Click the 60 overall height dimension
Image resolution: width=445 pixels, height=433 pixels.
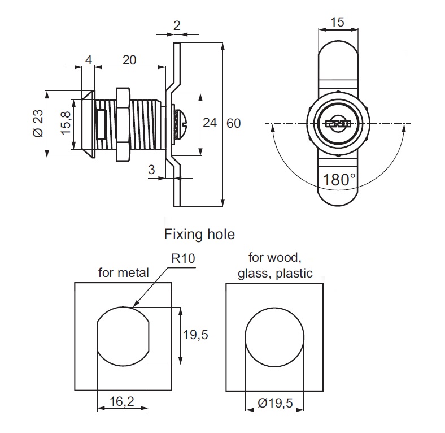tap(234, 123)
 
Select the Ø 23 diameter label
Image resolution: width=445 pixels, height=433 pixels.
tap(37, 124)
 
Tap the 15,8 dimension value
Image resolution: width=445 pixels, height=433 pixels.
tap(65, 123)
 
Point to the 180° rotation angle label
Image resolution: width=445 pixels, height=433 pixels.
tap(340, 180)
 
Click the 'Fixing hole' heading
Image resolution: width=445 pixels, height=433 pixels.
tap(199, 233)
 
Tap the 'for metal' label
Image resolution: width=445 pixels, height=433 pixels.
tap(124, 272)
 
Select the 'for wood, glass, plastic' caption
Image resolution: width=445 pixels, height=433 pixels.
tap(275, 266)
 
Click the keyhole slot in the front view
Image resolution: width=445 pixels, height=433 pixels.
tap(338, 123)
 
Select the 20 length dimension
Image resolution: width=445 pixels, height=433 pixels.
tap(129, 60)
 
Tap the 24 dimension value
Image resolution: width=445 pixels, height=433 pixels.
tap(210, 123)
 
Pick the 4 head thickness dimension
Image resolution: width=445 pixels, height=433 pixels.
tap(88, 60)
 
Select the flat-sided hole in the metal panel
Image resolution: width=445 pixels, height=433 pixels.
tap(124, 336)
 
